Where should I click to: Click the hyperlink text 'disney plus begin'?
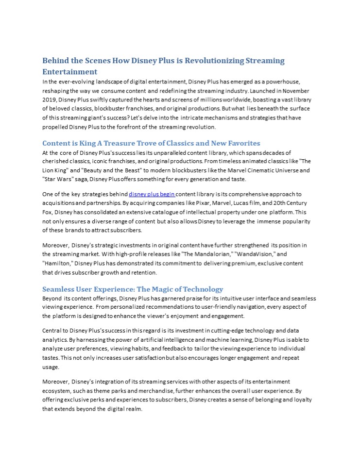152,194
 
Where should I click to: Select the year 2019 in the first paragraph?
50,99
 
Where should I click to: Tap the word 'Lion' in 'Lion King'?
50,170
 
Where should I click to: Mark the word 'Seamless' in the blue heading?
60,289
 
